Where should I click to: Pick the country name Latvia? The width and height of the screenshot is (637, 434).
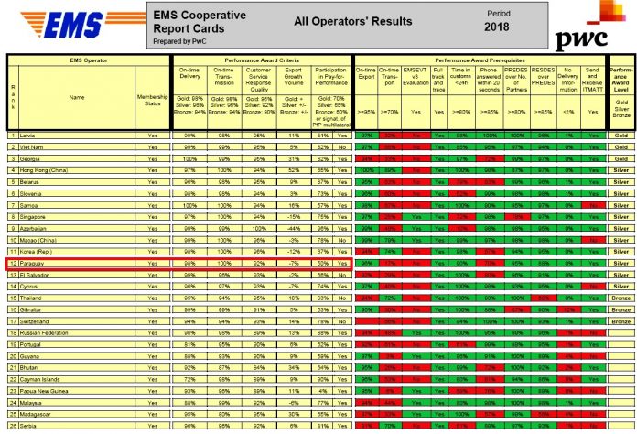pyautogui.click(x=29, y=135)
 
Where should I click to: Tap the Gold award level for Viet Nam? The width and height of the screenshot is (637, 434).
pyautogui.click(x=620, y=146)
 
